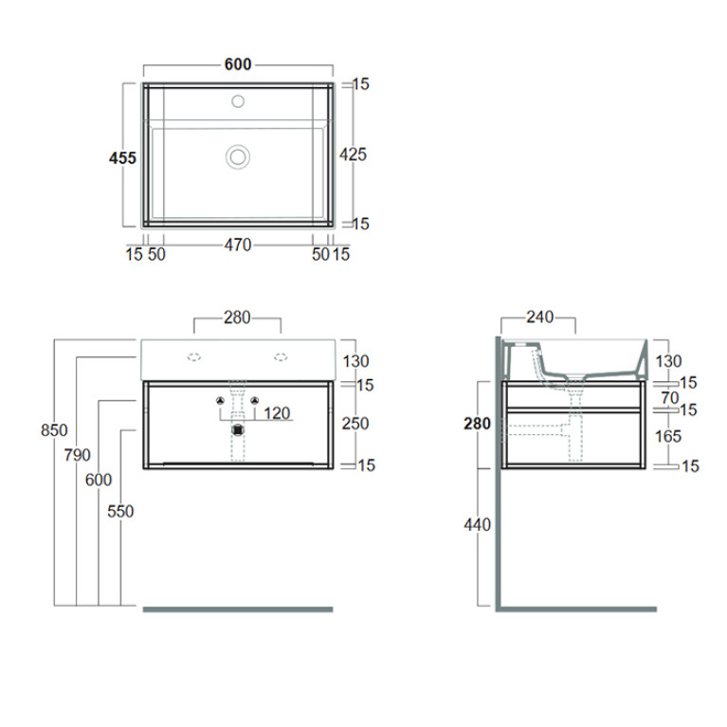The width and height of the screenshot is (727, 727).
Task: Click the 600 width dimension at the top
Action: [238, 64]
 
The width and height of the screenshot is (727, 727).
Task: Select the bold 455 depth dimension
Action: [122, 158]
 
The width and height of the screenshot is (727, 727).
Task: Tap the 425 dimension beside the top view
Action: [353, 154]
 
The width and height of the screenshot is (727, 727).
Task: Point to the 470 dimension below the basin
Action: [238, 245]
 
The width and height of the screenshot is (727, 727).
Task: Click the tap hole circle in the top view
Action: [238, 101]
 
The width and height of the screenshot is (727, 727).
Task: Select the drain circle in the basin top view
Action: [238, 156]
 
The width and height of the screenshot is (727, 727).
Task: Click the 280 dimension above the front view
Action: [237, 318]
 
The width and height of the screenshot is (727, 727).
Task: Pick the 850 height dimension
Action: [54, 430]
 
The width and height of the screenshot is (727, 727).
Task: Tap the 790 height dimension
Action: [78, 455]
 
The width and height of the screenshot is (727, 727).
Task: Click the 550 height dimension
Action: [120, 512]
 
